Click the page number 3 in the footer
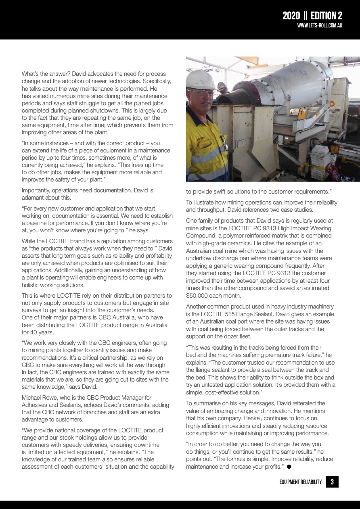(332, 482)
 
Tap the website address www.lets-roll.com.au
(320, 25)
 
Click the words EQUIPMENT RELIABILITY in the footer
(301, 482)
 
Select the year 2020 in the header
(291, 16)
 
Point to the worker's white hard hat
(201, 80)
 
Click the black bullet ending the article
(289, 467)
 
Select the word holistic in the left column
(31, 285)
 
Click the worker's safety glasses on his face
(202, 94)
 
